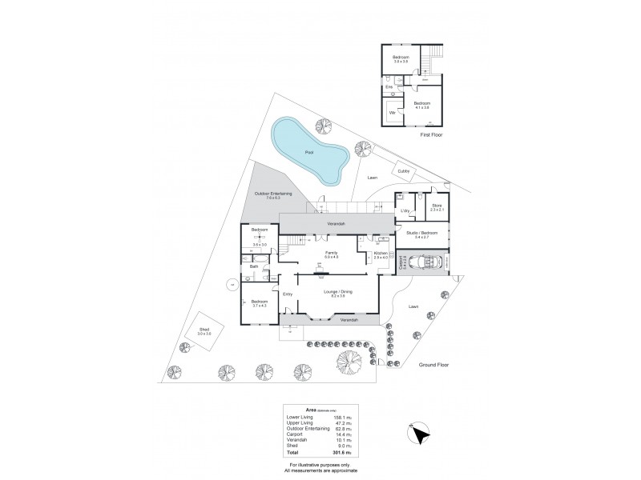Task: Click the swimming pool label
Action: [x=308, y=152]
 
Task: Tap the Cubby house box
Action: [x=403, y=170]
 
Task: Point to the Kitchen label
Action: [x=381, y=253]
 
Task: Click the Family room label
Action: [x=331, y=253]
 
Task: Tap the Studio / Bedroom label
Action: [x=421, y=233]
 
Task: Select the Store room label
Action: [x=437, y=206]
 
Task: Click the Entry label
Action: [x=288, y=294]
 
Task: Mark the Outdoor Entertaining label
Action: [x=273, y=194]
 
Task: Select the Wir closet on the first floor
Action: [x=393, y=113]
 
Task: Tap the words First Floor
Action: [x=431, y=136]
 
